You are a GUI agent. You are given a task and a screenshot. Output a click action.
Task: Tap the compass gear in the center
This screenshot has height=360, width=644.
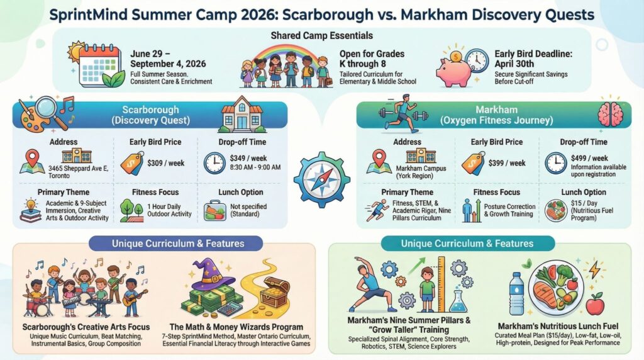point(321,179)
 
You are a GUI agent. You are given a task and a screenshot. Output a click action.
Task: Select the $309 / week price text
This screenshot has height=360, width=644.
point(166,163)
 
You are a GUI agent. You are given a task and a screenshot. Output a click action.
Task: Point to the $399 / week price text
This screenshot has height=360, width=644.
point(507,163)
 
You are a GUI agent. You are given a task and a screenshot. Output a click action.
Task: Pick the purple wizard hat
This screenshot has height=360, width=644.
point(209,274)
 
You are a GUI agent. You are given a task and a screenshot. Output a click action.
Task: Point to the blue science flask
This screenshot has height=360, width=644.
point(458,301)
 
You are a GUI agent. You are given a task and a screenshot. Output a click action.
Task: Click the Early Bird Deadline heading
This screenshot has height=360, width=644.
point(533,59)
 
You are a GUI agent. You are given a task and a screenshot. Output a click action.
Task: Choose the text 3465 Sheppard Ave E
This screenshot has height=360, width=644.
point(79,168)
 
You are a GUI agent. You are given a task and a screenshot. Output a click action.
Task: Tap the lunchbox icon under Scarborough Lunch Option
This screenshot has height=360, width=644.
point(215,210)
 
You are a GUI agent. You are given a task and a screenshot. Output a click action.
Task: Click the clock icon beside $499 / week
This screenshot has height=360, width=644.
point(556,163)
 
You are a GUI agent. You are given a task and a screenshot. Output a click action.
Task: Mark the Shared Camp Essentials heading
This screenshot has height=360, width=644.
point(321,36)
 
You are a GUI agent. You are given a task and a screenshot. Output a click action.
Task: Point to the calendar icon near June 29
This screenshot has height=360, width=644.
point(98,65)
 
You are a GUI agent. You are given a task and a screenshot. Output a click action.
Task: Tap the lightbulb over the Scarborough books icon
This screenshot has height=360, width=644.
point(30,204)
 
